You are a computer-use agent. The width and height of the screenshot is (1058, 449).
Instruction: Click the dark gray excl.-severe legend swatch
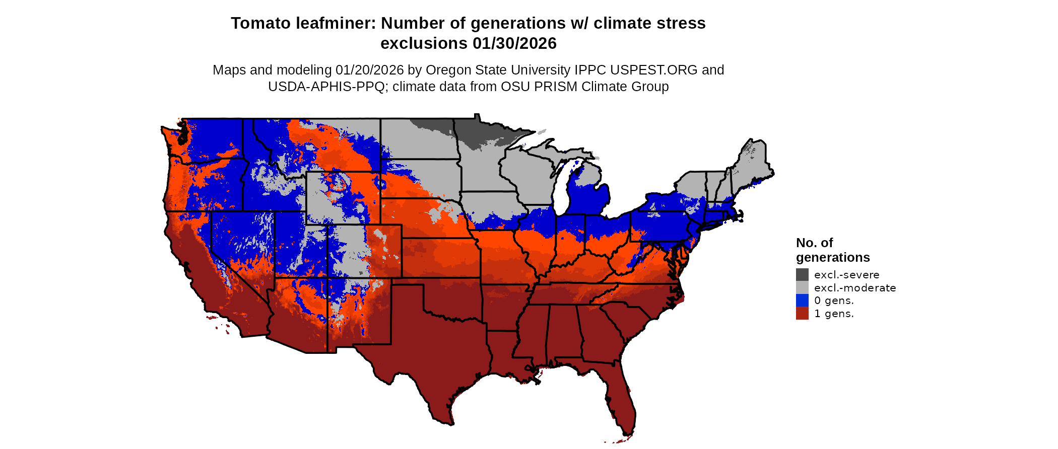[x=802, y=274]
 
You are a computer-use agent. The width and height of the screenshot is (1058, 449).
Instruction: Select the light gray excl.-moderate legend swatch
[x=802, y=287]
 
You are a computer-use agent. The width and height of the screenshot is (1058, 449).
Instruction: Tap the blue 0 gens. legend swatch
[x=802, y=301]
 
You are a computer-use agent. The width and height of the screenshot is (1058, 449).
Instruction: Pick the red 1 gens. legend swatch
[x=802, y=314]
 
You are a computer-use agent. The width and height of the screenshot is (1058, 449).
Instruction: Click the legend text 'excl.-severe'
[x=846, y=275]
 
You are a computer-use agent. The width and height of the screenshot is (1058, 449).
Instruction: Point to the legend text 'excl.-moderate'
[x=855, y=288]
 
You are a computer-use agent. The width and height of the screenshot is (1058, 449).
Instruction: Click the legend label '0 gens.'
[x=834, y=301]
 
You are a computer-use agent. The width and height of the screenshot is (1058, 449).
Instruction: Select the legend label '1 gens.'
[x=834, y=314]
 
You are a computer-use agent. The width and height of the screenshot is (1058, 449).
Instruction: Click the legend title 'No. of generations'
[x=832, y=250]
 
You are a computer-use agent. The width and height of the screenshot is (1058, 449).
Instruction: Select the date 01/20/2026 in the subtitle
[x=369, y=70]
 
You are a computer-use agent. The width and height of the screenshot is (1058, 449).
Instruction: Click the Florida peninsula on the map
[x=620, y=398]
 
